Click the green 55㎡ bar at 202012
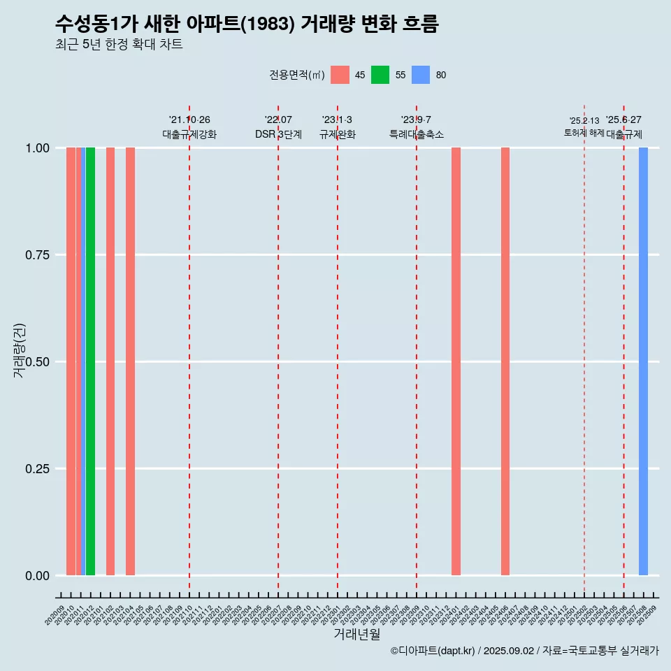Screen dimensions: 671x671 (x=90, y=361)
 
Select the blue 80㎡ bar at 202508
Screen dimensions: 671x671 (x=643, y=361)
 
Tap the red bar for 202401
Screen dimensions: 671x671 (x=456, y=361)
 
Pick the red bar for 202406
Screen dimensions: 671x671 (x=505, y=361)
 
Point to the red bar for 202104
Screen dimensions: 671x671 (x=130, y=361)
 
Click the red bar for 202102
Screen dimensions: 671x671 (x=110, y=361)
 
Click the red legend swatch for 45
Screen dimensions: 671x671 (x=340, y=75)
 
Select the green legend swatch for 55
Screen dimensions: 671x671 (x=380, y=75)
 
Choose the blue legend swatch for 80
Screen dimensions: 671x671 (x=421, y=75)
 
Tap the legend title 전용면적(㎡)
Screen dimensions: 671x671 (x=296, y=75)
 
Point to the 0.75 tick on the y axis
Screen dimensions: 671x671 (x=37, y=255)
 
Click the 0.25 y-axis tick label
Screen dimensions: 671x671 (x=37, y=469)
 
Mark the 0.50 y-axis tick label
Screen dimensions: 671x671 (x=37, y=362)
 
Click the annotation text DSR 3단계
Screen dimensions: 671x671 (x=278, y=134)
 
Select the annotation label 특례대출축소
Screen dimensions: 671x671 (x=417, y=134)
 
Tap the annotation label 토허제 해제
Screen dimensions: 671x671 (x=584, y=133)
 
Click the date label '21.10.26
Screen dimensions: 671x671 (x=189, y=120)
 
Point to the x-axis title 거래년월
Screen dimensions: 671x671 (x=356, y=634)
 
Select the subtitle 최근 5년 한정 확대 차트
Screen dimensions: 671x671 (x=119, y=45)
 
